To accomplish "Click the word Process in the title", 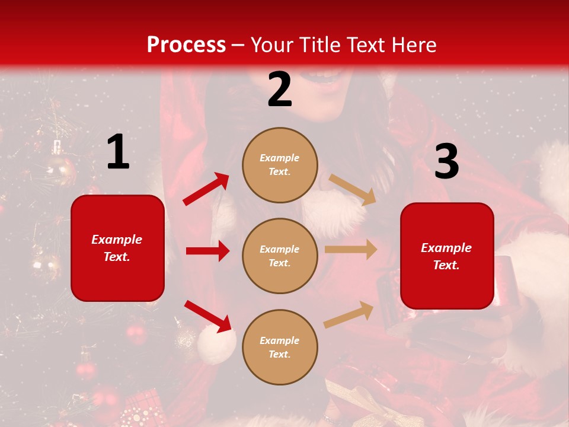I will coord(186,45).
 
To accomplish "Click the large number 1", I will coord(118,152).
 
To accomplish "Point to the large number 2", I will coord(280,90).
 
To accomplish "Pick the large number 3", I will coord(446,162).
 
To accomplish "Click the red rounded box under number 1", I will coord(117,248).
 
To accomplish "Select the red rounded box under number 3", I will coord(447,256).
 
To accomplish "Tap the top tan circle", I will coord(280,165).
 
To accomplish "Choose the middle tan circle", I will coord(280,256).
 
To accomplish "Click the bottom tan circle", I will coord(280,347).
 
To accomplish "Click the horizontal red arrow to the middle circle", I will coord(207,251).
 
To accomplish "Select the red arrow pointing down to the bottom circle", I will coord(208,316).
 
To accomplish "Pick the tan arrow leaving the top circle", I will coord(352,190).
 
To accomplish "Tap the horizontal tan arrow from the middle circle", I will coord(350,249).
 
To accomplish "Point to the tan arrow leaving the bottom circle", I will coord(349,314).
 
